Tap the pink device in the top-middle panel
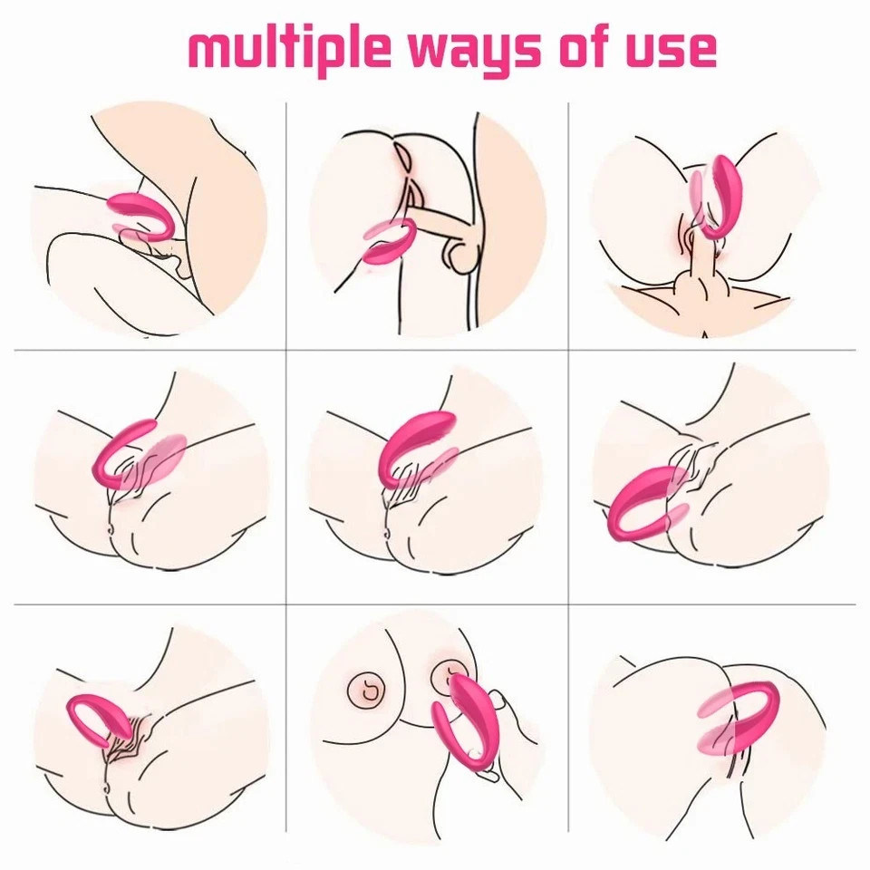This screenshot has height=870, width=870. pyautogui.click(x=391, y=245)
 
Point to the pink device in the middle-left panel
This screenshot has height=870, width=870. pyautogui.click(x=122, y=453)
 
